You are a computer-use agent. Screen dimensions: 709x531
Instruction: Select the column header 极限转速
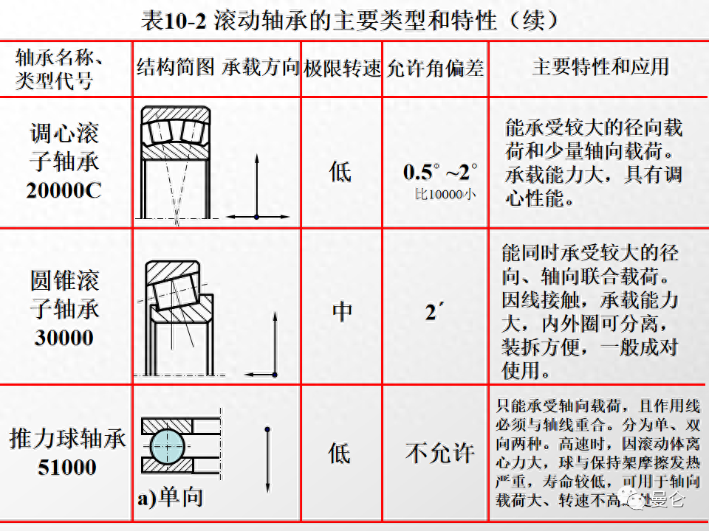[342, 69]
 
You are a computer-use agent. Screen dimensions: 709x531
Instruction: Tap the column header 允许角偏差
[436, 69]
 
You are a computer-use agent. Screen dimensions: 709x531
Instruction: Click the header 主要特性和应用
[600, 67]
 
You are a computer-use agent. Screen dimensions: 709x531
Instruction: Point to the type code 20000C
[64, 190]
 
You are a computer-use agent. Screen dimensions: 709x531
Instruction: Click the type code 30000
[64, 338]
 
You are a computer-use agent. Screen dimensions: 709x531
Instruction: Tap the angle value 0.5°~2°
[440, 172]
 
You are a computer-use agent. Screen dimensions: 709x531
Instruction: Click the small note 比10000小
[445, 195]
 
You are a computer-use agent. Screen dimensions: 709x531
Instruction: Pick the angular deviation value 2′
[434, 312]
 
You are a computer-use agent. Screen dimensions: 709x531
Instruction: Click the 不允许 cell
[440, 453]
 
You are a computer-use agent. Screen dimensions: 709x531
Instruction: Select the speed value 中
[342, 311]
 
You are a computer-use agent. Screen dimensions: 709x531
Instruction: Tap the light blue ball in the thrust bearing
[167, 446]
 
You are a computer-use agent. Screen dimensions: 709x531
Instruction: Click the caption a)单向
[170, 499]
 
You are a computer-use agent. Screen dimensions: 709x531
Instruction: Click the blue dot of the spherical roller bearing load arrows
[256, 217]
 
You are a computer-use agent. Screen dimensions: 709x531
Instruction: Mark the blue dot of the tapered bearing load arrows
[275, 375]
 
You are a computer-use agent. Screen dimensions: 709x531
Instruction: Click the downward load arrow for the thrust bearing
[267, 459]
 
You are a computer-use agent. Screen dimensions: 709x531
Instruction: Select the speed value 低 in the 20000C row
[340, 172]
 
